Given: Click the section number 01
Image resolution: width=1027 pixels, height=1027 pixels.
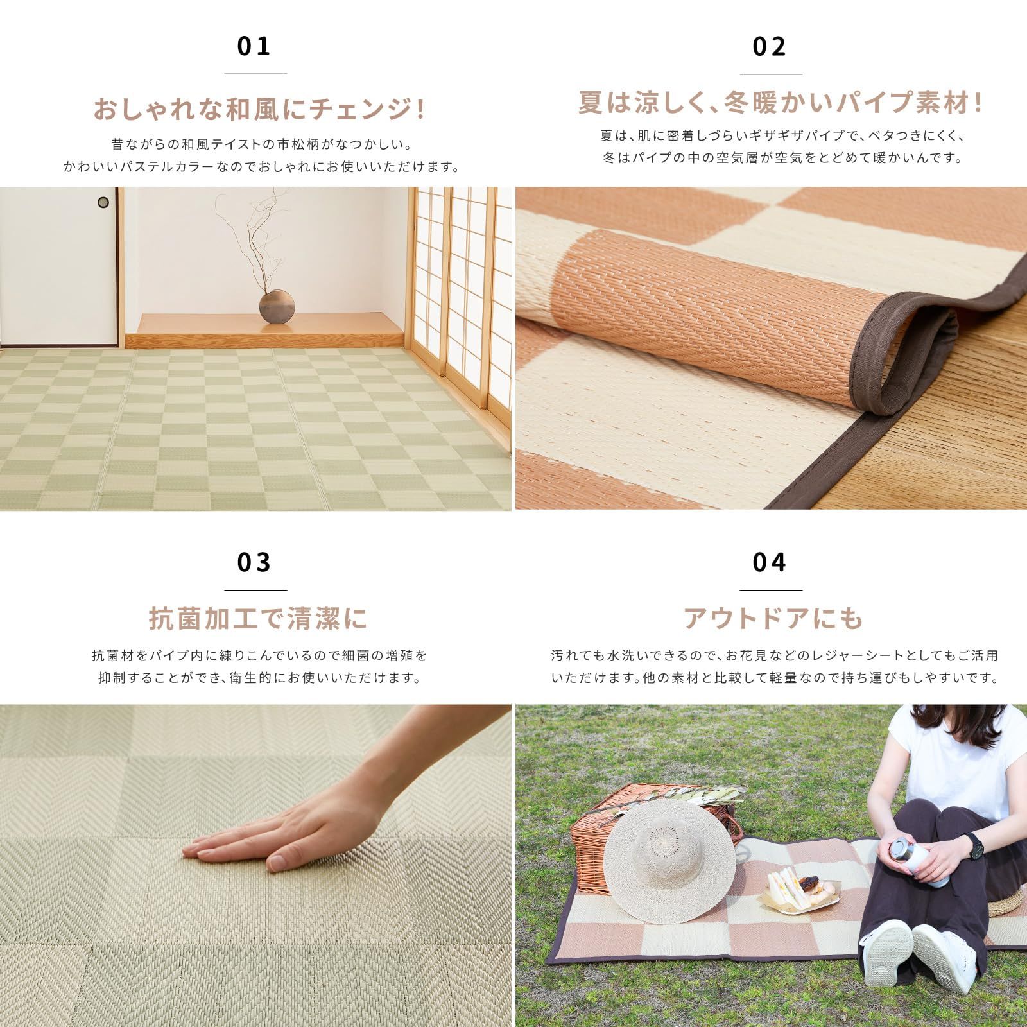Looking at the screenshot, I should (254, 47).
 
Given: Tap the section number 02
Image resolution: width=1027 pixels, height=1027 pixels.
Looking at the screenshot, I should (770, 47).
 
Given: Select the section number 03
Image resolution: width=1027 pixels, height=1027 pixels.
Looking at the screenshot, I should (254, 563).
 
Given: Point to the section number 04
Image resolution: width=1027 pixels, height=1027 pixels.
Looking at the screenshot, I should (770, 563).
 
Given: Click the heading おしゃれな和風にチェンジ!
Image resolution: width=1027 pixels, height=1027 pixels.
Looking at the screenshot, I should (259, 110).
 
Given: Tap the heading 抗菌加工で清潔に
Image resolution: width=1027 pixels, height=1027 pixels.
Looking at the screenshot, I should (258, 619).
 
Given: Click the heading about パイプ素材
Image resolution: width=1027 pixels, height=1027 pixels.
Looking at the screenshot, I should (781, 103).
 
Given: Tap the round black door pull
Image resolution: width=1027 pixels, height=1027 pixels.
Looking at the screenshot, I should (103, 203).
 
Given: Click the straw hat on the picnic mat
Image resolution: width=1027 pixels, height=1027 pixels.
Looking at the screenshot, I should (670, 847).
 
